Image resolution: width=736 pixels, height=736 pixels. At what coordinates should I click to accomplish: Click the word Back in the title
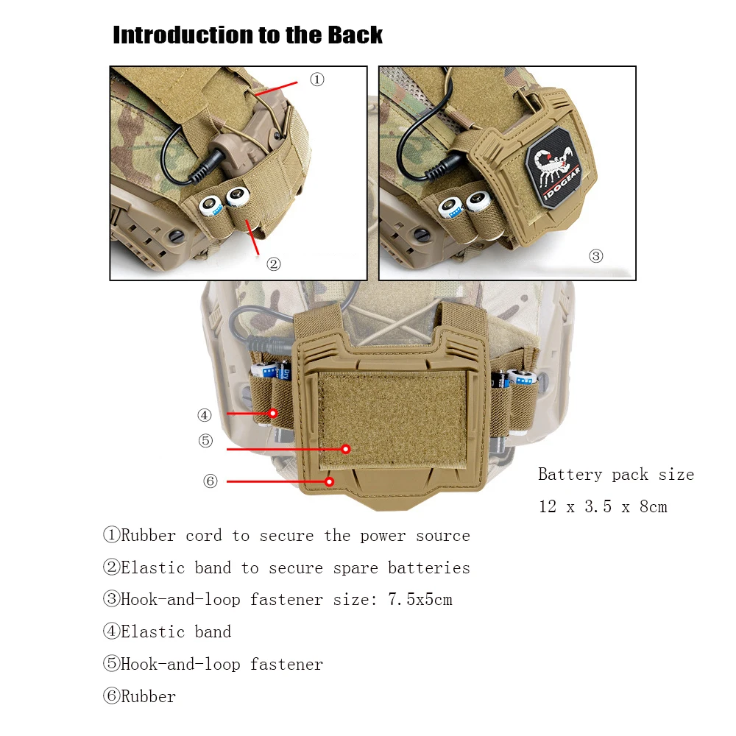pyautogui.click(x=355, y=35)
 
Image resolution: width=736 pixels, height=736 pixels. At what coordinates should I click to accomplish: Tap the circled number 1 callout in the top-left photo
pyautogui.click(x=317, y=79)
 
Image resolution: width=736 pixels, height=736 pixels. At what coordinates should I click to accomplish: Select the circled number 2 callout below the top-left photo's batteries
pyautogui.click(x=274, y=263)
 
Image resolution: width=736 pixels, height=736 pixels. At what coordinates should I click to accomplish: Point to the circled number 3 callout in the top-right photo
pyautogui.click(x=596, y=256)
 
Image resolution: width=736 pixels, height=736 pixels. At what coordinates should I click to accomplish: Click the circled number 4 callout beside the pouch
pyautogui.click(x=204, y=415)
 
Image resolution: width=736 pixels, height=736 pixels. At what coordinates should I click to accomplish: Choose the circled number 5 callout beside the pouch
pyautogui.click(x=205, y=440)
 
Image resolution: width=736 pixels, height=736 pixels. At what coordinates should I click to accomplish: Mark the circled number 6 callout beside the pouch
pyautogui.click(x=210, y=481)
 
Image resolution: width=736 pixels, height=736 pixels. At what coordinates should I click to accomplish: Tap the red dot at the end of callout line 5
pyautogui.click(x=346, y=449)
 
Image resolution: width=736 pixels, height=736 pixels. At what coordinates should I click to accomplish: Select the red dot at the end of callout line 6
pyautogui.click(x=330, y=481)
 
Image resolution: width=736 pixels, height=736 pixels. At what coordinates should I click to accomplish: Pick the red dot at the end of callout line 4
pyautogui.click(x=273, y=413)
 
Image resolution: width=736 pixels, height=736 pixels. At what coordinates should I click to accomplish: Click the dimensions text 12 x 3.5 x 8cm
pyautogui.click(x=603, y=506)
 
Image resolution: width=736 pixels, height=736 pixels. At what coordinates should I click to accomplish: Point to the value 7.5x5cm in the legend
pyautogui.click(x=420, y=599)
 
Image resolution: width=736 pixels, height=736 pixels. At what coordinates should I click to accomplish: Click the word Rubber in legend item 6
pyautogui.click(x=149, y=696)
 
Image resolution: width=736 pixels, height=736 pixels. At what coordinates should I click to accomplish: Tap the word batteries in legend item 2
pyautogui.click(x=429, y=567)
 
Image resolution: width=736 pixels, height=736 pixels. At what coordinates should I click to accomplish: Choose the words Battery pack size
pyautogui.click(x=616, y=475)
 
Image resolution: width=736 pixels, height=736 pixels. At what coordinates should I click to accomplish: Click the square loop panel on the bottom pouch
pyautogui.click(x=392, y=419)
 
